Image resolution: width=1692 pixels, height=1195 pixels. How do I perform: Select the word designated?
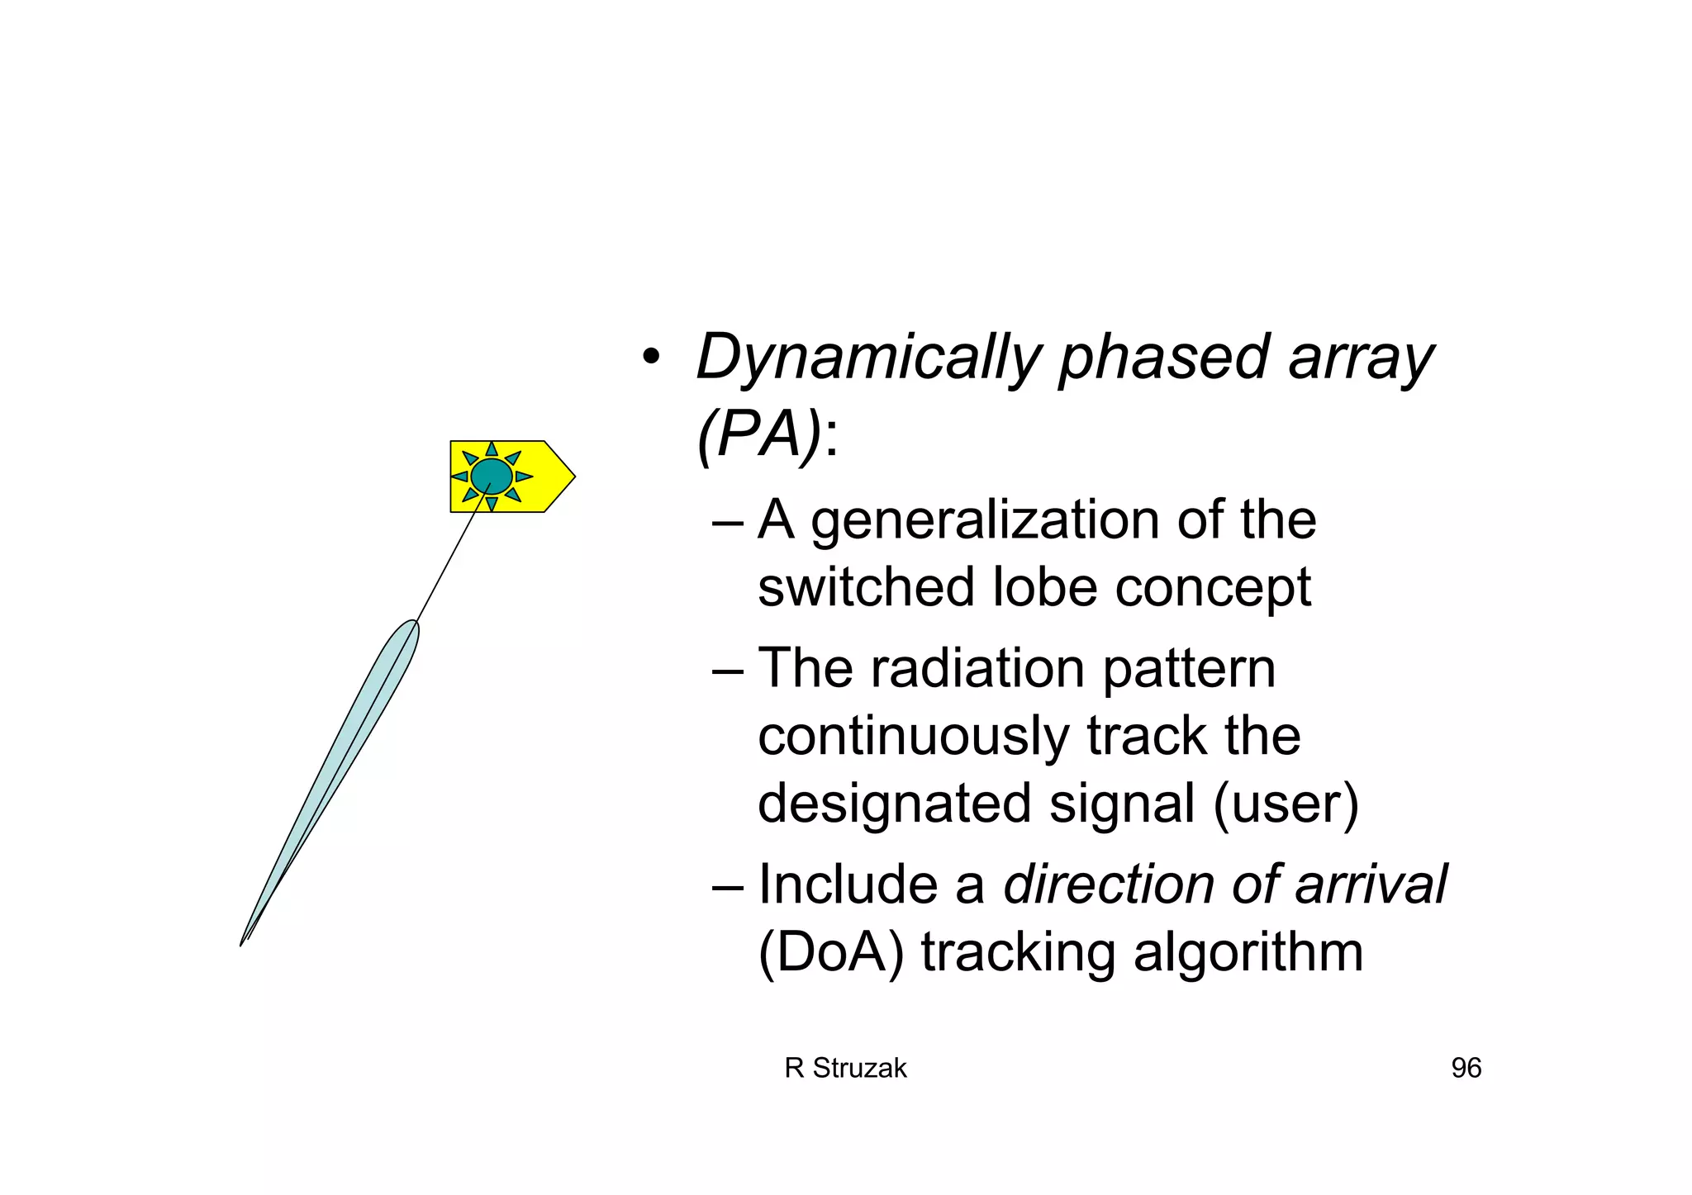click(894, 804)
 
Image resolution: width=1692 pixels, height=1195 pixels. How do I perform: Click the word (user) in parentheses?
click(1286, 804)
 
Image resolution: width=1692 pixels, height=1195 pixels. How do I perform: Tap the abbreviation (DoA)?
click(830, 952)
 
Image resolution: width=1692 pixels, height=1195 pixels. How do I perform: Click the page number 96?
click(1466, 1069)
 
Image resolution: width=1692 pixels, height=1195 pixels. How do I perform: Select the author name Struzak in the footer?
click(859, 1069)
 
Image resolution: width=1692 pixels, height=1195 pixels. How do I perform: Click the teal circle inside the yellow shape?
click(492, 475)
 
